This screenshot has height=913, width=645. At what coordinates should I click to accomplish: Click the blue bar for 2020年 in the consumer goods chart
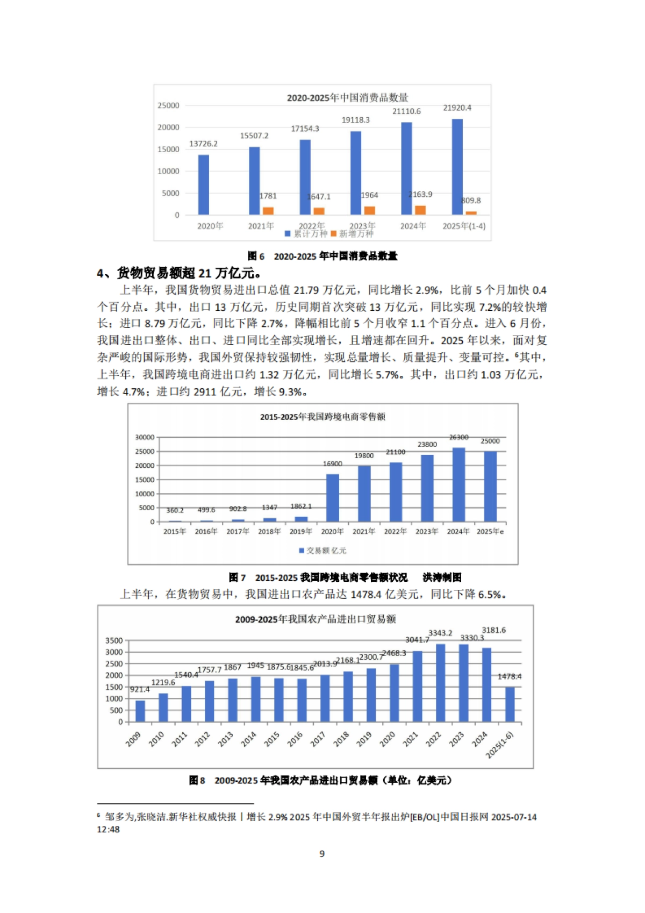click(x=204, y=185)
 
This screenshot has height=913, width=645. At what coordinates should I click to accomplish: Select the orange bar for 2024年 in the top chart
click(x=420, y=210)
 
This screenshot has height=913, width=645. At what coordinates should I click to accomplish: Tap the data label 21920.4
click(x=457, y=108)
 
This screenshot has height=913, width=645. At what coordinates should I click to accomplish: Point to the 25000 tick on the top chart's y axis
click(x=168, y=105)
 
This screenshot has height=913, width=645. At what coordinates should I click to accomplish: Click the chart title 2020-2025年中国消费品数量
click(x=347, y=98)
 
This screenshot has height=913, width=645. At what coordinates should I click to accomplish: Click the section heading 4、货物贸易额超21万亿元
click(x=180, y=273)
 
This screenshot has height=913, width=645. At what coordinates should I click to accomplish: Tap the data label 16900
click(x=332, y=463)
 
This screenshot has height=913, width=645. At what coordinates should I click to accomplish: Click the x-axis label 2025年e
click(x=490, y=531)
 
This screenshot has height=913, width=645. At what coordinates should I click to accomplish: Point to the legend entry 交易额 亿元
click(x=322, y=551)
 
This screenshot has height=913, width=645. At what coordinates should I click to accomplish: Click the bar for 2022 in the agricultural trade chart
click(x=441, y=683)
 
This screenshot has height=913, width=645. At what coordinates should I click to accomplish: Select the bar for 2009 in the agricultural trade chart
click(x=140, y=711)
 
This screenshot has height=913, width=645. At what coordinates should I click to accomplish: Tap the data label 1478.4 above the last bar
click(x=509, y=676)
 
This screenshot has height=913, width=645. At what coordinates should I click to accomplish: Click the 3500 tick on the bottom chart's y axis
click(x=114, y=640)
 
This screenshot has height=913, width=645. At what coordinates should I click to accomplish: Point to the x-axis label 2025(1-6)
click(x=500, y=745)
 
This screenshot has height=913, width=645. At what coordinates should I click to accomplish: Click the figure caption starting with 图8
click(x=320, y=780)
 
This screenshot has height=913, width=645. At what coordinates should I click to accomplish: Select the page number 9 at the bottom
click(x=322, y=853)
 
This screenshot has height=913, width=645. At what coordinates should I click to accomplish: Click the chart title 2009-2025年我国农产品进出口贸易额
click(x=316, y=619)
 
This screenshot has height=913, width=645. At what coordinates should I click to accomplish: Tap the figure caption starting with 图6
click(x=322, y=256)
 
